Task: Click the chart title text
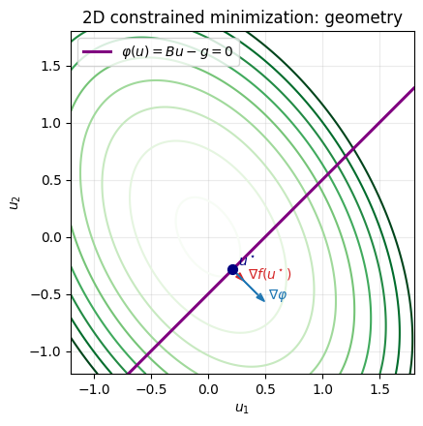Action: (242, 17)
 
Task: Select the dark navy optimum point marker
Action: (232, 269)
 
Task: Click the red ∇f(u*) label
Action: (270, 275)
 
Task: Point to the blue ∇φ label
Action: (278, 295)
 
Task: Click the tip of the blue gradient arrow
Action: (265, 302)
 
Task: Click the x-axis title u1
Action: (242, 409)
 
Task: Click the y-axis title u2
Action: (14, 201)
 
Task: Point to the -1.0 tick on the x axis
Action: (94, 387)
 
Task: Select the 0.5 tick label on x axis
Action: (265, 387)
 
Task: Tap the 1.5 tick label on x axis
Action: (379, 387)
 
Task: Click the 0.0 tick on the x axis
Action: (208, 387)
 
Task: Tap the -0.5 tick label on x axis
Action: (151, 387)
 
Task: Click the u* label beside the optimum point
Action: (246, 259)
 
